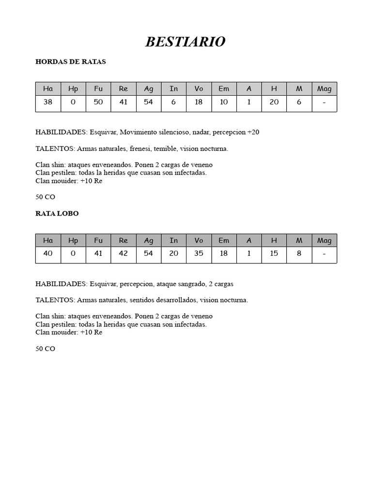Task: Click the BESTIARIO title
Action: (x=186, y=42)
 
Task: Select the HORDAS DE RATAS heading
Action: (x=71, y=62)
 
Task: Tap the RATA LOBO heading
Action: (x=57, y=213)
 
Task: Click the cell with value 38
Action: (x=48, y=102)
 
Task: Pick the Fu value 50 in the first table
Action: (x=98, y=102)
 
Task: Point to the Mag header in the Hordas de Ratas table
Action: (x=324, y=88)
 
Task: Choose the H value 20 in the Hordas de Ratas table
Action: (x=274, y=102)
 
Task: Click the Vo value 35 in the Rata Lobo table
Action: (x=199, y=253)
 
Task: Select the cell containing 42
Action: (x=124, y=253)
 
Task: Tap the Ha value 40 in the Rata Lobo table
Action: (x=48, y=253)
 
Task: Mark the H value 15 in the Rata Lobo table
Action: (x=274, y=253)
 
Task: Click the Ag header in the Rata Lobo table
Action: (x=149, y=240)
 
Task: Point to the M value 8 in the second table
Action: (x=299, y=253)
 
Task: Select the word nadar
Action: (x=201, y=132)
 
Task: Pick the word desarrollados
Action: (x=176, y=300)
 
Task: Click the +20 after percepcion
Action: (x=253, y=132)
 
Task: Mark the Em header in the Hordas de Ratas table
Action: (x=224, y=88)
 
